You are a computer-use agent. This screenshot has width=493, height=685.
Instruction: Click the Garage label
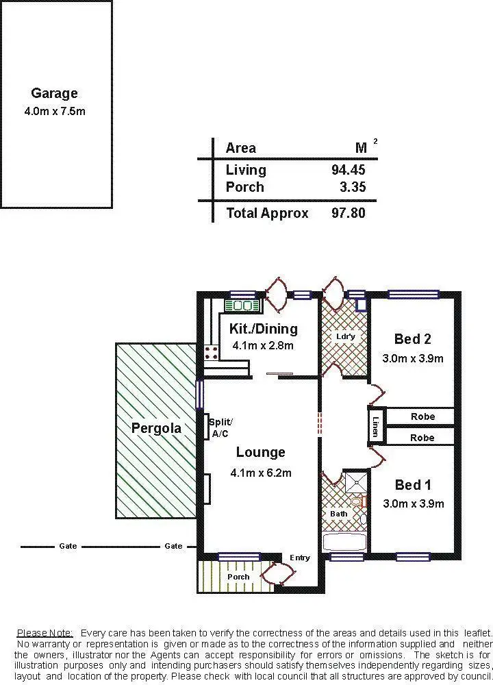pyautogui.click(x=54, y=93)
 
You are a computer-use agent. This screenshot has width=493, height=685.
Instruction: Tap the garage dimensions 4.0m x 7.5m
pyautogui.click(x=54, y=111)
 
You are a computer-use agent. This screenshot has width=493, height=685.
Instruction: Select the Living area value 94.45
pyautogui.click(x=349, y=170)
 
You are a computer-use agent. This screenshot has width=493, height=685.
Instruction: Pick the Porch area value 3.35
pyautogui.click(x=353, y=187)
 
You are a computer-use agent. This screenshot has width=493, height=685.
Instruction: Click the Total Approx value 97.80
pyautogui.click(x=349, y=213)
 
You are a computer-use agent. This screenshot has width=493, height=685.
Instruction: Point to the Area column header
pyautogui.click(x=241, y=148)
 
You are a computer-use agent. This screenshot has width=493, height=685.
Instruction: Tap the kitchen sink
pyautogui.click(x=242, y=306)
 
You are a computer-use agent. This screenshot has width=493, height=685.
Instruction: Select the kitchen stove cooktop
pyautogui.click(x=212, y=353)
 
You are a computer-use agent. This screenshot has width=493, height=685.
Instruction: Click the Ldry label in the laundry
pyautogui.click(x=346, y=336)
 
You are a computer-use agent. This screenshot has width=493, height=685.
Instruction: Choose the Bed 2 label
pyautogui.click(x=412, y=338)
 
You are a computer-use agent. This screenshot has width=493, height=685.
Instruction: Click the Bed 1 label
pyautogui.click(x=412, y=485)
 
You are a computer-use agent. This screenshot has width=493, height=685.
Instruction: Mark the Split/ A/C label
pyautogui.click(x=220, y=427)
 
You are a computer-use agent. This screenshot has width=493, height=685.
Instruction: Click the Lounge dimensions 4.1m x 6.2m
pyautogui.click(x=262, y=473)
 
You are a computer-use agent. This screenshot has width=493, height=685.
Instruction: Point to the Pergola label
pyautogui.click(x=157, y=429)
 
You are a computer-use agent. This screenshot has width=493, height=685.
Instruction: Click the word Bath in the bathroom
pyautogui.click(x=339, y=514)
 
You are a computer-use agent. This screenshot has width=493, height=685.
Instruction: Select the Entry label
pyautogui.click(x=300, y=558)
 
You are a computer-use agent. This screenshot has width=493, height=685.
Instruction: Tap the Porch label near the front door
pyautogui.click(x=238, y=577)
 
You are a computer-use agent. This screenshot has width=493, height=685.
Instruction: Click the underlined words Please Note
pyautogui.click(x=46, y=632)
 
